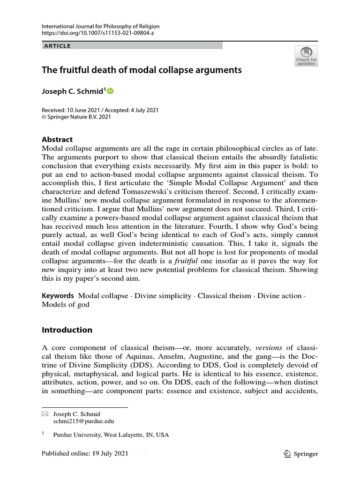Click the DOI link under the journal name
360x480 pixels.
tap(98, 34)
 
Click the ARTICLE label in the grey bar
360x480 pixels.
tap(58, 46)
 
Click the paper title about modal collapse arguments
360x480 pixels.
tap(142, 71)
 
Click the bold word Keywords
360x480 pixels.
tap(58, 296)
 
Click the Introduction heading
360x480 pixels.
tap(67, 330)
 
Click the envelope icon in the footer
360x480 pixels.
tap(45, 414)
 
